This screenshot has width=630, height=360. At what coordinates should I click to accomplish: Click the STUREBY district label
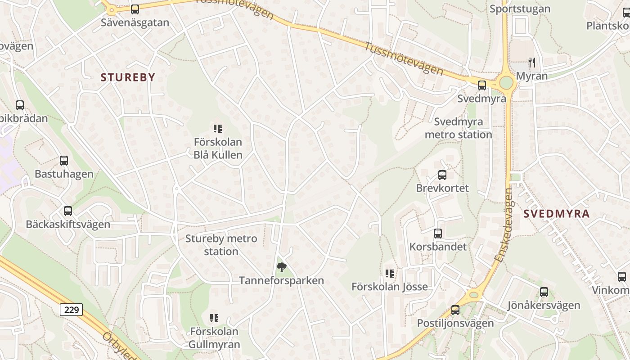click(128, 77)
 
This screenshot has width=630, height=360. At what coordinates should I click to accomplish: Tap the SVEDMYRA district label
click(557, 214)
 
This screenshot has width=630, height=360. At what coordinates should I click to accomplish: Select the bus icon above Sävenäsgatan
click(135, 9)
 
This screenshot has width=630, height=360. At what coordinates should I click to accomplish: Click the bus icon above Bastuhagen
click(64, 161)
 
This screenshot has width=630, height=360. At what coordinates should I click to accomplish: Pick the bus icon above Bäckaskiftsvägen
click(68, 211)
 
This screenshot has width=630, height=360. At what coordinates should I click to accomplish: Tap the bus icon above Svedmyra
click(482, 85)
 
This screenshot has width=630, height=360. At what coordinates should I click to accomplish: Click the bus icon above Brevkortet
click(442, 175)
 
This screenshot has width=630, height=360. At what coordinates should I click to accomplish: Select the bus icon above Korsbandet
click(438, 234)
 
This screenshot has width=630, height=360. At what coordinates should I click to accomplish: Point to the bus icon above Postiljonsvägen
click(455, 310)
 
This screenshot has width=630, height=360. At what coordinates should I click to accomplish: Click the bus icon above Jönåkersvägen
click(544, 292)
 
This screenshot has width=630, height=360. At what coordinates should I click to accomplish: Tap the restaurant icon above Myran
click(532, 62)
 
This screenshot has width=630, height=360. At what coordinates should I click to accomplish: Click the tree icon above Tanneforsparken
click(281, 267)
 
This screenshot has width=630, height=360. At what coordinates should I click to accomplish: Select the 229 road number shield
click(72, 310)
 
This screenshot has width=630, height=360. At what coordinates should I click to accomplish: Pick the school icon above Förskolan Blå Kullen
click(218, 129)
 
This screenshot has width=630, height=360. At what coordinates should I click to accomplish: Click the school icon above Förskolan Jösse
click(390, 273)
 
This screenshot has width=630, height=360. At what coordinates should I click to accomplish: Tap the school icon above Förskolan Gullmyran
click(214, 318)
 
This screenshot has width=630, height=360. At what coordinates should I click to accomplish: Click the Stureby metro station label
click(221, 245)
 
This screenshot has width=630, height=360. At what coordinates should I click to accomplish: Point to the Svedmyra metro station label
click(459, 128)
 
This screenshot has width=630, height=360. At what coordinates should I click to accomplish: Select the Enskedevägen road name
click(503, 225)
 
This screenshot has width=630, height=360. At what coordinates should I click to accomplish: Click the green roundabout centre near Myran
click(506, 83)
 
